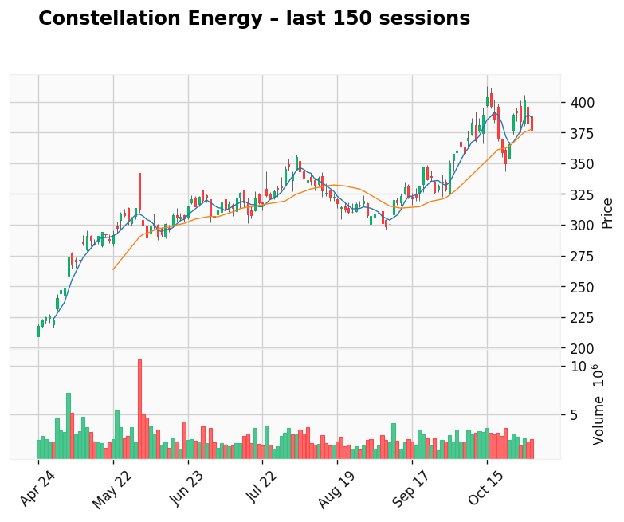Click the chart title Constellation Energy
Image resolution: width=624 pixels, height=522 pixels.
[x=253, y=18]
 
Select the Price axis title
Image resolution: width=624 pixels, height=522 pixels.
[x=607, y=213]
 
